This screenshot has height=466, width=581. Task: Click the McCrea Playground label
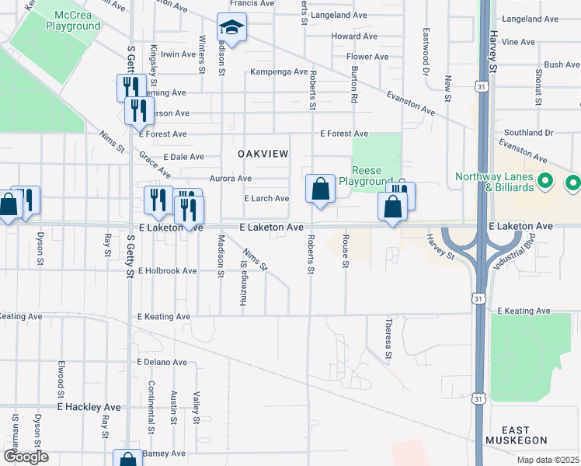[78, 21]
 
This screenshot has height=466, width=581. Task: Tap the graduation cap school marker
[231, 29]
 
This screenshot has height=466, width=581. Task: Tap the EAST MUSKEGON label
[516, 436]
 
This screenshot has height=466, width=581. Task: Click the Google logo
[26, 457]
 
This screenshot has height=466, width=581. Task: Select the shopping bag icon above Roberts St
[320, 189]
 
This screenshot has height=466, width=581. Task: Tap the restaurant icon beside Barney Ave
[127, 458]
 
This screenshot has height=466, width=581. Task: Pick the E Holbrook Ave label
[168, 271]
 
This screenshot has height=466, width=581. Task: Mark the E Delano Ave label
[163, 362]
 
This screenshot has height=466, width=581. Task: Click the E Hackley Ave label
[89, 407]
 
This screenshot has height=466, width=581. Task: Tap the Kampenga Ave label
[278, 71]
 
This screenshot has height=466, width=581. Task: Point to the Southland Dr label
[527, 133]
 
